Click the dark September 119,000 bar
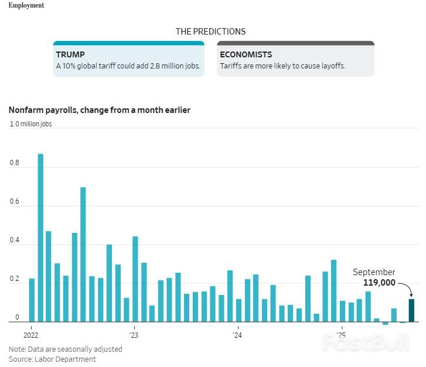tap(411, 310)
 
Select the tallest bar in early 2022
tap(40, 237)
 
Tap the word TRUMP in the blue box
tap(70, 54)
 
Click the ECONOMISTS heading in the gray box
tap(246, 54)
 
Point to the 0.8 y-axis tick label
tap(15, 163)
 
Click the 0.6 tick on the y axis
tap(15, 202)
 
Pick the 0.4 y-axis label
tap(15, 241)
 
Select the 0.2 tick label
tap(15, 279)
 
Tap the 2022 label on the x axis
tap(30, 335)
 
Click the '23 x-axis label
tap(134, 335)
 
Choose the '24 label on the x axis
tap(237, 335)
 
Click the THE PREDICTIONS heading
tap(210, 32)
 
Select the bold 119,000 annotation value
tap(379, 283)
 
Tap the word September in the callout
tap(374, 272)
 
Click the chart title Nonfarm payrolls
tap(99, 110)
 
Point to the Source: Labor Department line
tap(52, 359)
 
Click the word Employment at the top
tap(26, 5)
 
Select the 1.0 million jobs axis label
tap(30, 124)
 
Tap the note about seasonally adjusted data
tap(65, 349)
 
